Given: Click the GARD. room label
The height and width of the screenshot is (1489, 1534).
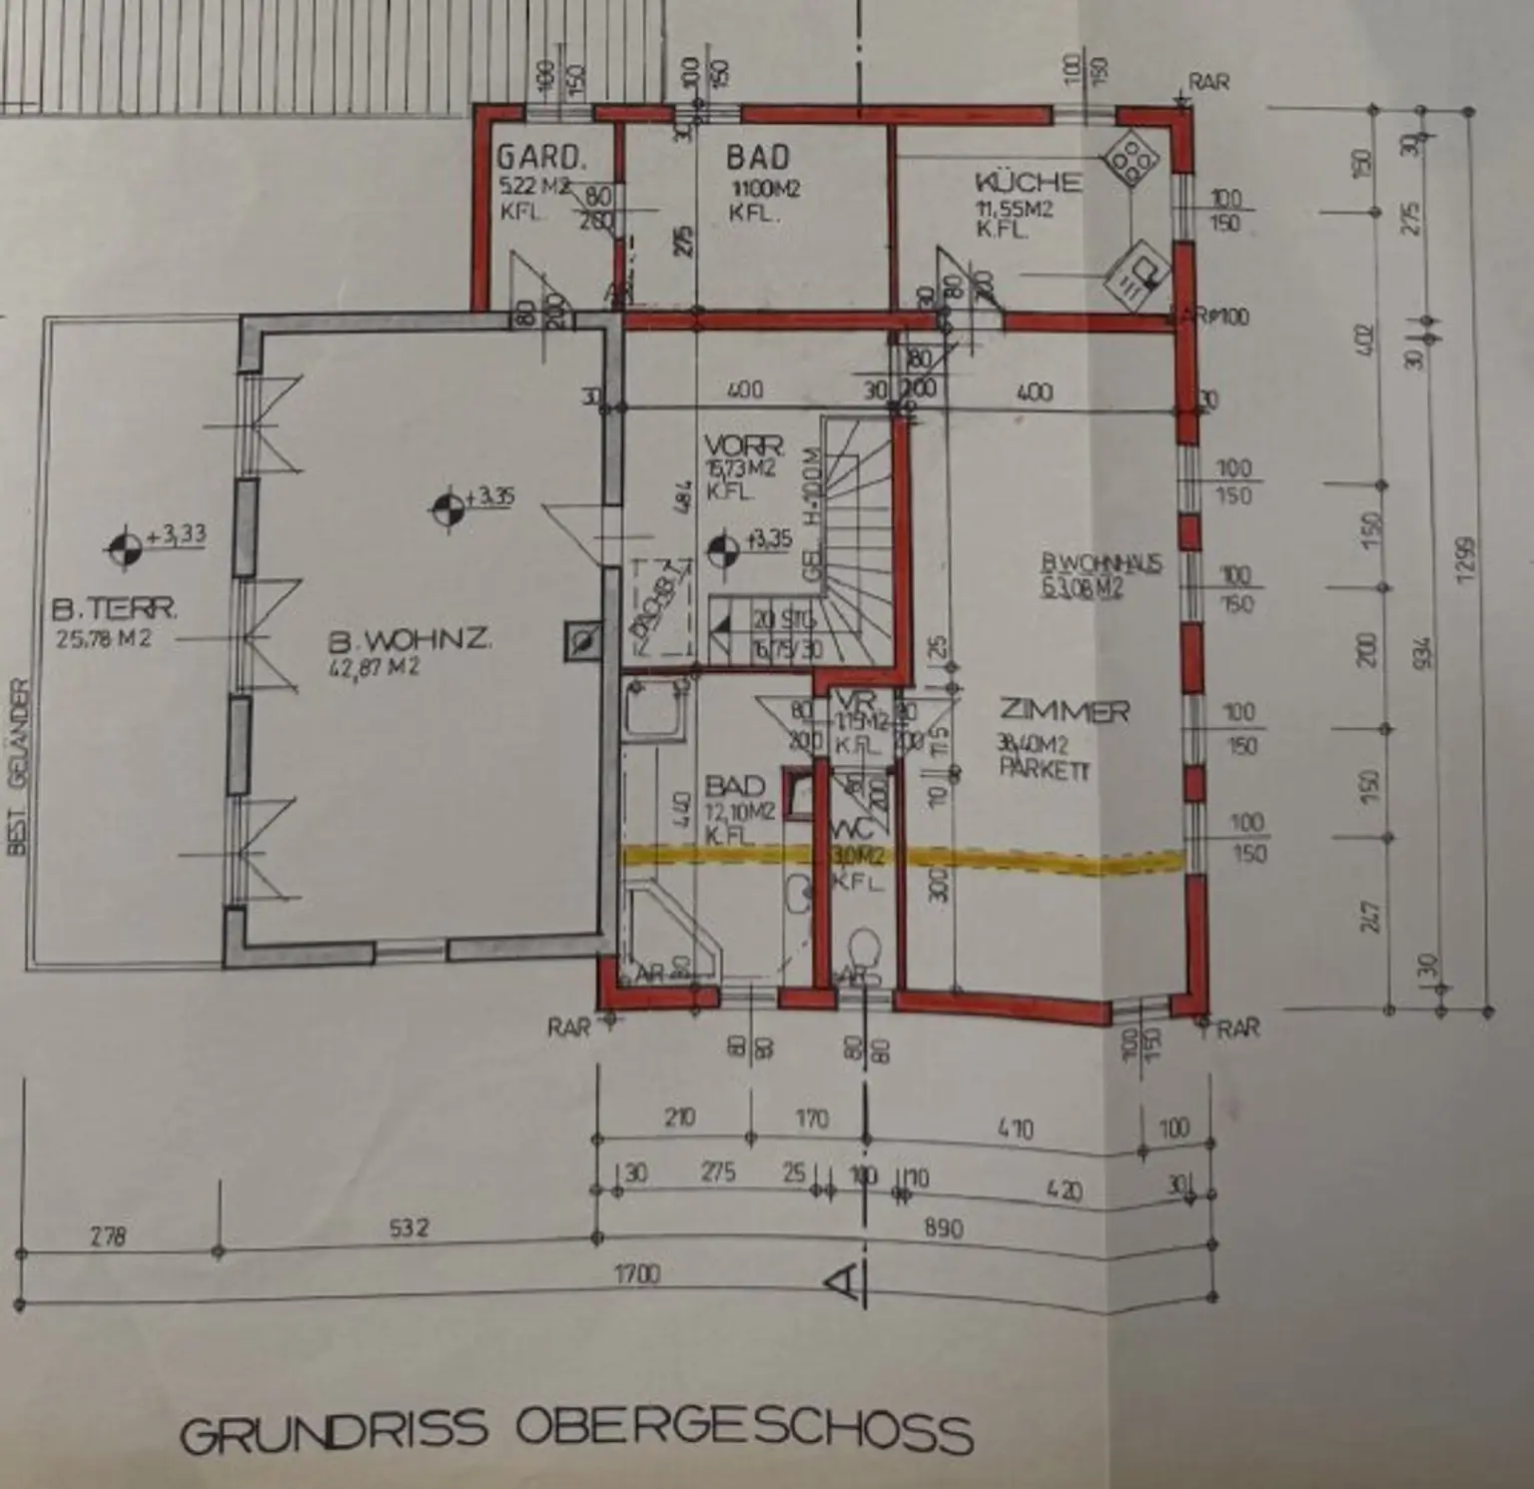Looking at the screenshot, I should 539,158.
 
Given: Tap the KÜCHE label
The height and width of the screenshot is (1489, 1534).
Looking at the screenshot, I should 1027,182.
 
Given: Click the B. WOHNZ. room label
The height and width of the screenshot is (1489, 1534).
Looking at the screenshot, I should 410,638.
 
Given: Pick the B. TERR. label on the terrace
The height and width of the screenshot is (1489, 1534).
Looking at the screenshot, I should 115,608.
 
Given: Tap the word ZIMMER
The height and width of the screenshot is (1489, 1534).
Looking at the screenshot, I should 1065,711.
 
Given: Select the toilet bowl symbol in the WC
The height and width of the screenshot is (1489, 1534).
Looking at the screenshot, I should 862,948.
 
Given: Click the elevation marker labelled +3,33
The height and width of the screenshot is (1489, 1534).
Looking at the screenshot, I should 127,545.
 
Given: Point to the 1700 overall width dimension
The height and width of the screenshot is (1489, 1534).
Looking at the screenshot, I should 637,1274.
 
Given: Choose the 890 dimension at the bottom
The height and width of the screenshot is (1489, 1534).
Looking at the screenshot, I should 943,1227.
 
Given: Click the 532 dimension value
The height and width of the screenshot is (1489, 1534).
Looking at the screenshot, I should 408,1227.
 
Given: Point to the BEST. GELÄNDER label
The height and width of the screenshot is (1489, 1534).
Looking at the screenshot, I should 18,766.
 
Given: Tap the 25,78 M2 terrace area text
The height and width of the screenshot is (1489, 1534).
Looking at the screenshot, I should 104,638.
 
